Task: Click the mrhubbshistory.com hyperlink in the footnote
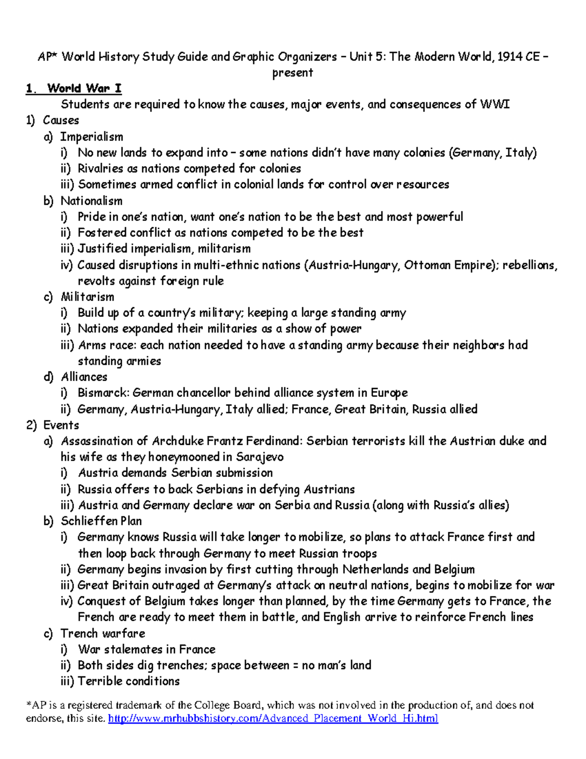[x=273, y=718]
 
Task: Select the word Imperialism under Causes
[x=91, y=137]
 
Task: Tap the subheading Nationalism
[x=91, y=201]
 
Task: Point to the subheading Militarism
[x=87, y=297]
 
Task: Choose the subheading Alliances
[x=84, y=377]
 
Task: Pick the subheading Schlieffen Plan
[x=101, y=521]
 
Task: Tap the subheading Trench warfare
[x=103, y=633]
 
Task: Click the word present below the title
[x=293, y=73]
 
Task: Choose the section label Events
[x=61, y=425]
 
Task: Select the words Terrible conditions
[x=128, y=681]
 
